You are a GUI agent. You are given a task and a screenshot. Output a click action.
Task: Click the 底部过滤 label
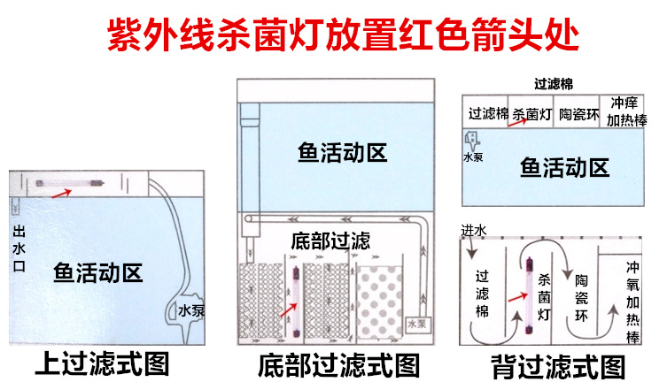[330, 241]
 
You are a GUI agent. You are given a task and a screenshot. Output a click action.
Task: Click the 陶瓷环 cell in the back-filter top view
[578, 114]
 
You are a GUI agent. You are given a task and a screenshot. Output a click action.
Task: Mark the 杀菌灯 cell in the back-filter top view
[532, 114]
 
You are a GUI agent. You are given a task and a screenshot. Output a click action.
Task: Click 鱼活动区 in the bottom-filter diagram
[342, 152]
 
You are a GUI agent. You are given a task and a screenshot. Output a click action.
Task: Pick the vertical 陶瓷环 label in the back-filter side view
[581, 296]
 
